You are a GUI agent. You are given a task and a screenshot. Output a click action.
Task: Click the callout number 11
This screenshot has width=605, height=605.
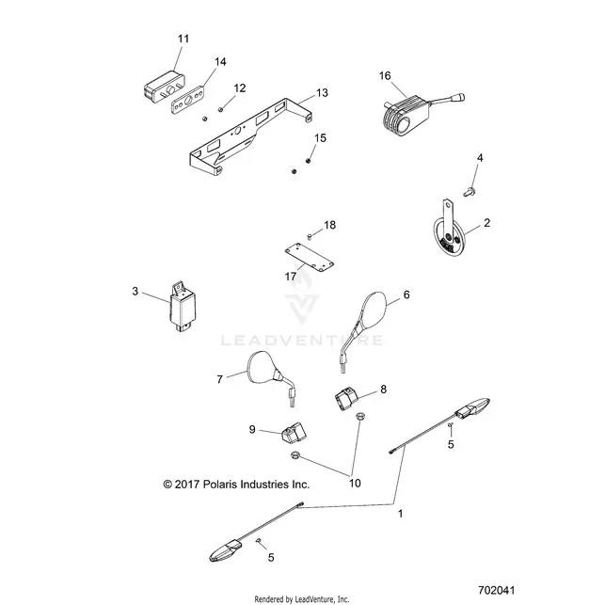183,39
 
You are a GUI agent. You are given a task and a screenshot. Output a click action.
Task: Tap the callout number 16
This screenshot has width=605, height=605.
385,75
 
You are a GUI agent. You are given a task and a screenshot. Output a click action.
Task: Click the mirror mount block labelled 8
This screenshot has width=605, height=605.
346,399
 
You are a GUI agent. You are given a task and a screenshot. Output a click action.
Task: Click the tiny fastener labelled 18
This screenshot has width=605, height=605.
309,236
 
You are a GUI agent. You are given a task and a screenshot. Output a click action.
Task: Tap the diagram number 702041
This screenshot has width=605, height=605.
496,591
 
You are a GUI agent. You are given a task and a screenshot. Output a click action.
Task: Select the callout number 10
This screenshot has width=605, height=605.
355,483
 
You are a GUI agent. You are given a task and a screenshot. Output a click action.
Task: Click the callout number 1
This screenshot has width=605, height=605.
401,514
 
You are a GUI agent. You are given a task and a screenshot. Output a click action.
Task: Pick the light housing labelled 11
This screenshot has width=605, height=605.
163,88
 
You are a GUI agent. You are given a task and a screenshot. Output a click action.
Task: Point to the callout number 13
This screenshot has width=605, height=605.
322,93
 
